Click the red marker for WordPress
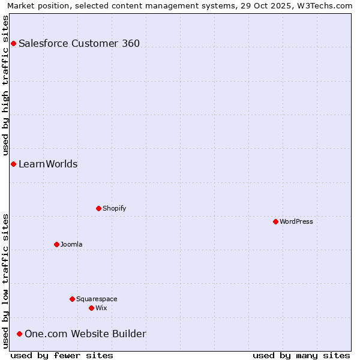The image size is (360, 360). pyautogui.click(x=275, y=221)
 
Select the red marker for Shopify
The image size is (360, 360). pyautogui.click(x=98, y=208)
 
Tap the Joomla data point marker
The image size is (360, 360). pyautogui.click(x=56, y=244)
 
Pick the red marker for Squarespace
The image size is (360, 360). pyautogui.click(x=72, y=299)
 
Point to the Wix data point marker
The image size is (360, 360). pyautogui.click(x=91, y=308)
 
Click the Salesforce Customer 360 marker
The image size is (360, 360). pyautogui.click(x=13, y=43)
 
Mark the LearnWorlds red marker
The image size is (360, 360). pyautogui.click(x=13, y=164)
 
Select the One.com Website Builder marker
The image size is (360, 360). pyautogui.click(x=19, y=334)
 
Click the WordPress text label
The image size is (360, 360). pyautogui.click(x=296, y=221)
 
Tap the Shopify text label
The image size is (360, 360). pyautogui.click(x=114, y=208)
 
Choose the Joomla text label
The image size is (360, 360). pyautogui.click(x=71, y=244)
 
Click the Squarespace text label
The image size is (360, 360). pyautogui.click(x=97, y=299)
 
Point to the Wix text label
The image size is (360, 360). pyautogui.click(x=101, y=308)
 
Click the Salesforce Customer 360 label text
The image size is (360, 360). pyautogui.click(x=79, y=43)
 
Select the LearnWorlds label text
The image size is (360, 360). pyautogui.click(x=48, y=164)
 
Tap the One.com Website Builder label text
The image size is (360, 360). pyautogui.click(x=85, y=334)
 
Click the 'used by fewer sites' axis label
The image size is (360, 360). pyautogui.click(x=62, y=355)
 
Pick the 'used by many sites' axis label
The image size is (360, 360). pyautogui.click(x=301, y=355)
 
